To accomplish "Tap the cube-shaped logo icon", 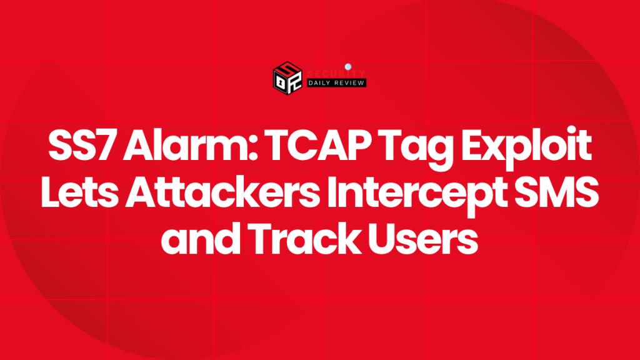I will click(x=288, y=79).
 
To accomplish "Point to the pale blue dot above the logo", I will click(x=347, y=65).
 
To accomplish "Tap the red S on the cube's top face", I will click(x=288, y=69).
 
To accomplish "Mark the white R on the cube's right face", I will click(x=296, y=82).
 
